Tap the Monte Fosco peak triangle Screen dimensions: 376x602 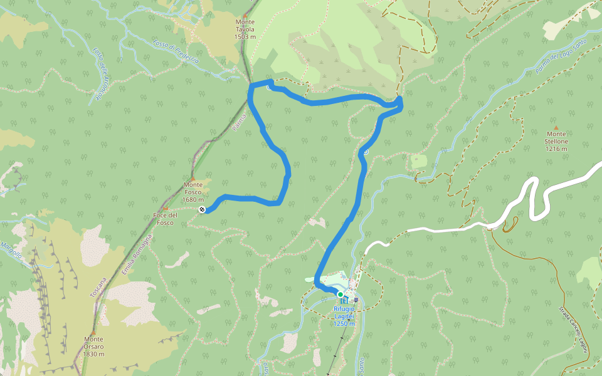(x=193, y=179)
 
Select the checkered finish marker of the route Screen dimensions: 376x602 (x=202, y=209)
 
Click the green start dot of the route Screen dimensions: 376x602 (x=340, y=294)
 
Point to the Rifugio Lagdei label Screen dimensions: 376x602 (x=344, y=312)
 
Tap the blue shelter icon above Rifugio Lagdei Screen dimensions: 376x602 (x=343, y=301)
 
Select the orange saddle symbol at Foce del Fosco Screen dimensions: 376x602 (x=166, y=209)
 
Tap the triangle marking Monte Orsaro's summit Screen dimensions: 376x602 (x=93, y=333)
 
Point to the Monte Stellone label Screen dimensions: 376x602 (x=556, y=141)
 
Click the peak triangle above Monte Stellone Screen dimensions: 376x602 (x=556, y=127)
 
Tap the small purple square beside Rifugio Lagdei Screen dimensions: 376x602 (x=356, y=300)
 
